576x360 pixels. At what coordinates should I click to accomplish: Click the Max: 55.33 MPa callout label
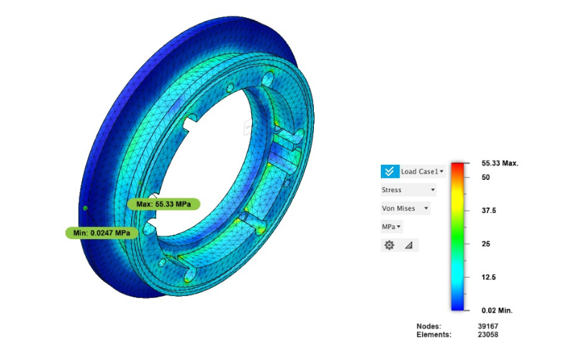click(163, 204)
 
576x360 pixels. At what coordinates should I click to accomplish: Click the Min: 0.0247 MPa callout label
click(102, 233)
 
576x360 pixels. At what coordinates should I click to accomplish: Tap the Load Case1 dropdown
click(423, 171)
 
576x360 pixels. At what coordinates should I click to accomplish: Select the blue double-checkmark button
click(390, 171)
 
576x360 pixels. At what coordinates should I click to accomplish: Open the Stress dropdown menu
click(408, 190)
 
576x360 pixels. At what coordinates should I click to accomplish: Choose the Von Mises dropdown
click(405, 208)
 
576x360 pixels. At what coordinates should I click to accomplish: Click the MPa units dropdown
click(392, 227)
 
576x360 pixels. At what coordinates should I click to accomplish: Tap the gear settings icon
click(390, 245)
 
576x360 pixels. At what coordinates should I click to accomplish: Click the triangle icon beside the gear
click(409, 245)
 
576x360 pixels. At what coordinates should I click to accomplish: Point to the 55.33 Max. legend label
click(500, 163)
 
